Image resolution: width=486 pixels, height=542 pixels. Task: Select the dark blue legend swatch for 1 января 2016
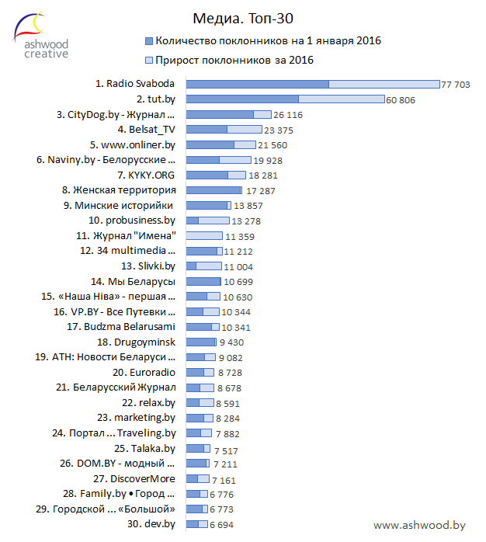[x=148, y=40]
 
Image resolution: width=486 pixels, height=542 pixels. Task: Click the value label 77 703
[x=456, y=84]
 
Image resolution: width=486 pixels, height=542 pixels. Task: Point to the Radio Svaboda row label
[x=135, y=83]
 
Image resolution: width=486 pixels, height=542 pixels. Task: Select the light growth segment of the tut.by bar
[x=342, y=99]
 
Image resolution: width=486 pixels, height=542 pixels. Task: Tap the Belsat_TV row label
[x=147, y=129]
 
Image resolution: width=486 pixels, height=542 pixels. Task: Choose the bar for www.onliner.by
[x=221, y=144]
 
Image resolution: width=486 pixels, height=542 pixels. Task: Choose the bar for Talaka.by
[x=199, y=448]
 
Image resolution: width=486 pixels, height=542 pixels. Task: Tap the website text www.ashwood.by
[x=419, y=526]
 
